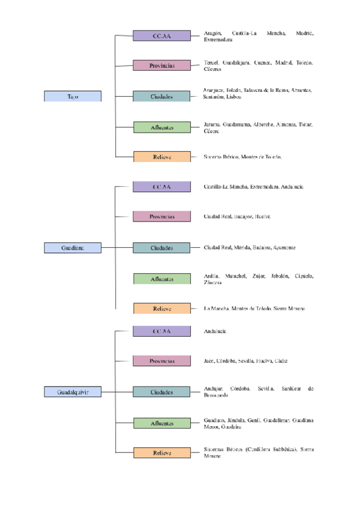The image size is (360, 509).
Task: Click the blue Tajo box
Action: tap(73, 96)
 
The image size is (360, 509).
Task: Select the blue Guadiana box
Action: tap(73, 247)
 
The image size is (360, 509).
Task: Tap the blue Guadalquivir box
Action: tap(73, 393)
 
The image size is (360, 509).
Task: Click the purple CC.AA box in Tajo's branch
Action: tap(162, 36)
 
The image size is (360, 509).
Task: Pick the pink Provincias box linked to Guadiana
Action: tap(162, 216)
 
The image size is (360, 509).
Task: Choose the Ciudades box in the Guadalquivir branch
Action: tap(162, 393)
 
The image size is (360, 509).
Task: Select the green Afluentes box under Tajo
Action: tap(162, 127)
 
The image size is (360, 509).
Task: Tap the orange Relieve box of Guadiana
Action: tap(162, 309)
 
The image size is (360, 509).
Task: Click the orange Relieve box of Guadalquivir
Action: tap(162, 453)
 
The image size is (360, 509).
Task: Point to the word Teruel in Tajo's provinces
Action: tap(211, 62)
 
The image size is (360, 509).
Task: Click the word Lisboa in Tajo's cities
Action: tap(234, 97)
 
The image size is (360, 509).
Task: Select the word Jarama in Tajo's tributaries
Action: tap(212, 124)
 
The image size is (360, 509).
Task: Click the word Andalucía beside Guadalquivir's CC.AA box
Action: tap(215, 331)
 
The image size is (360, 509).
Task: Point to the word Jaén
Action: tap(209, 361)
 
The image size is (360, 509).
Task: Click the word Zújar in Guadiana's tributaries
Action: tap(257, 276)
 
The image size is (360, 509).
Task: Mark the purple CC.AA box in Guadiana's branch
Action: tap(162, 187)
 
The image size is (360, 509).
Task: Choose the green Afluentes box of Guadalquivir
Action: tap(162, 423)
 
